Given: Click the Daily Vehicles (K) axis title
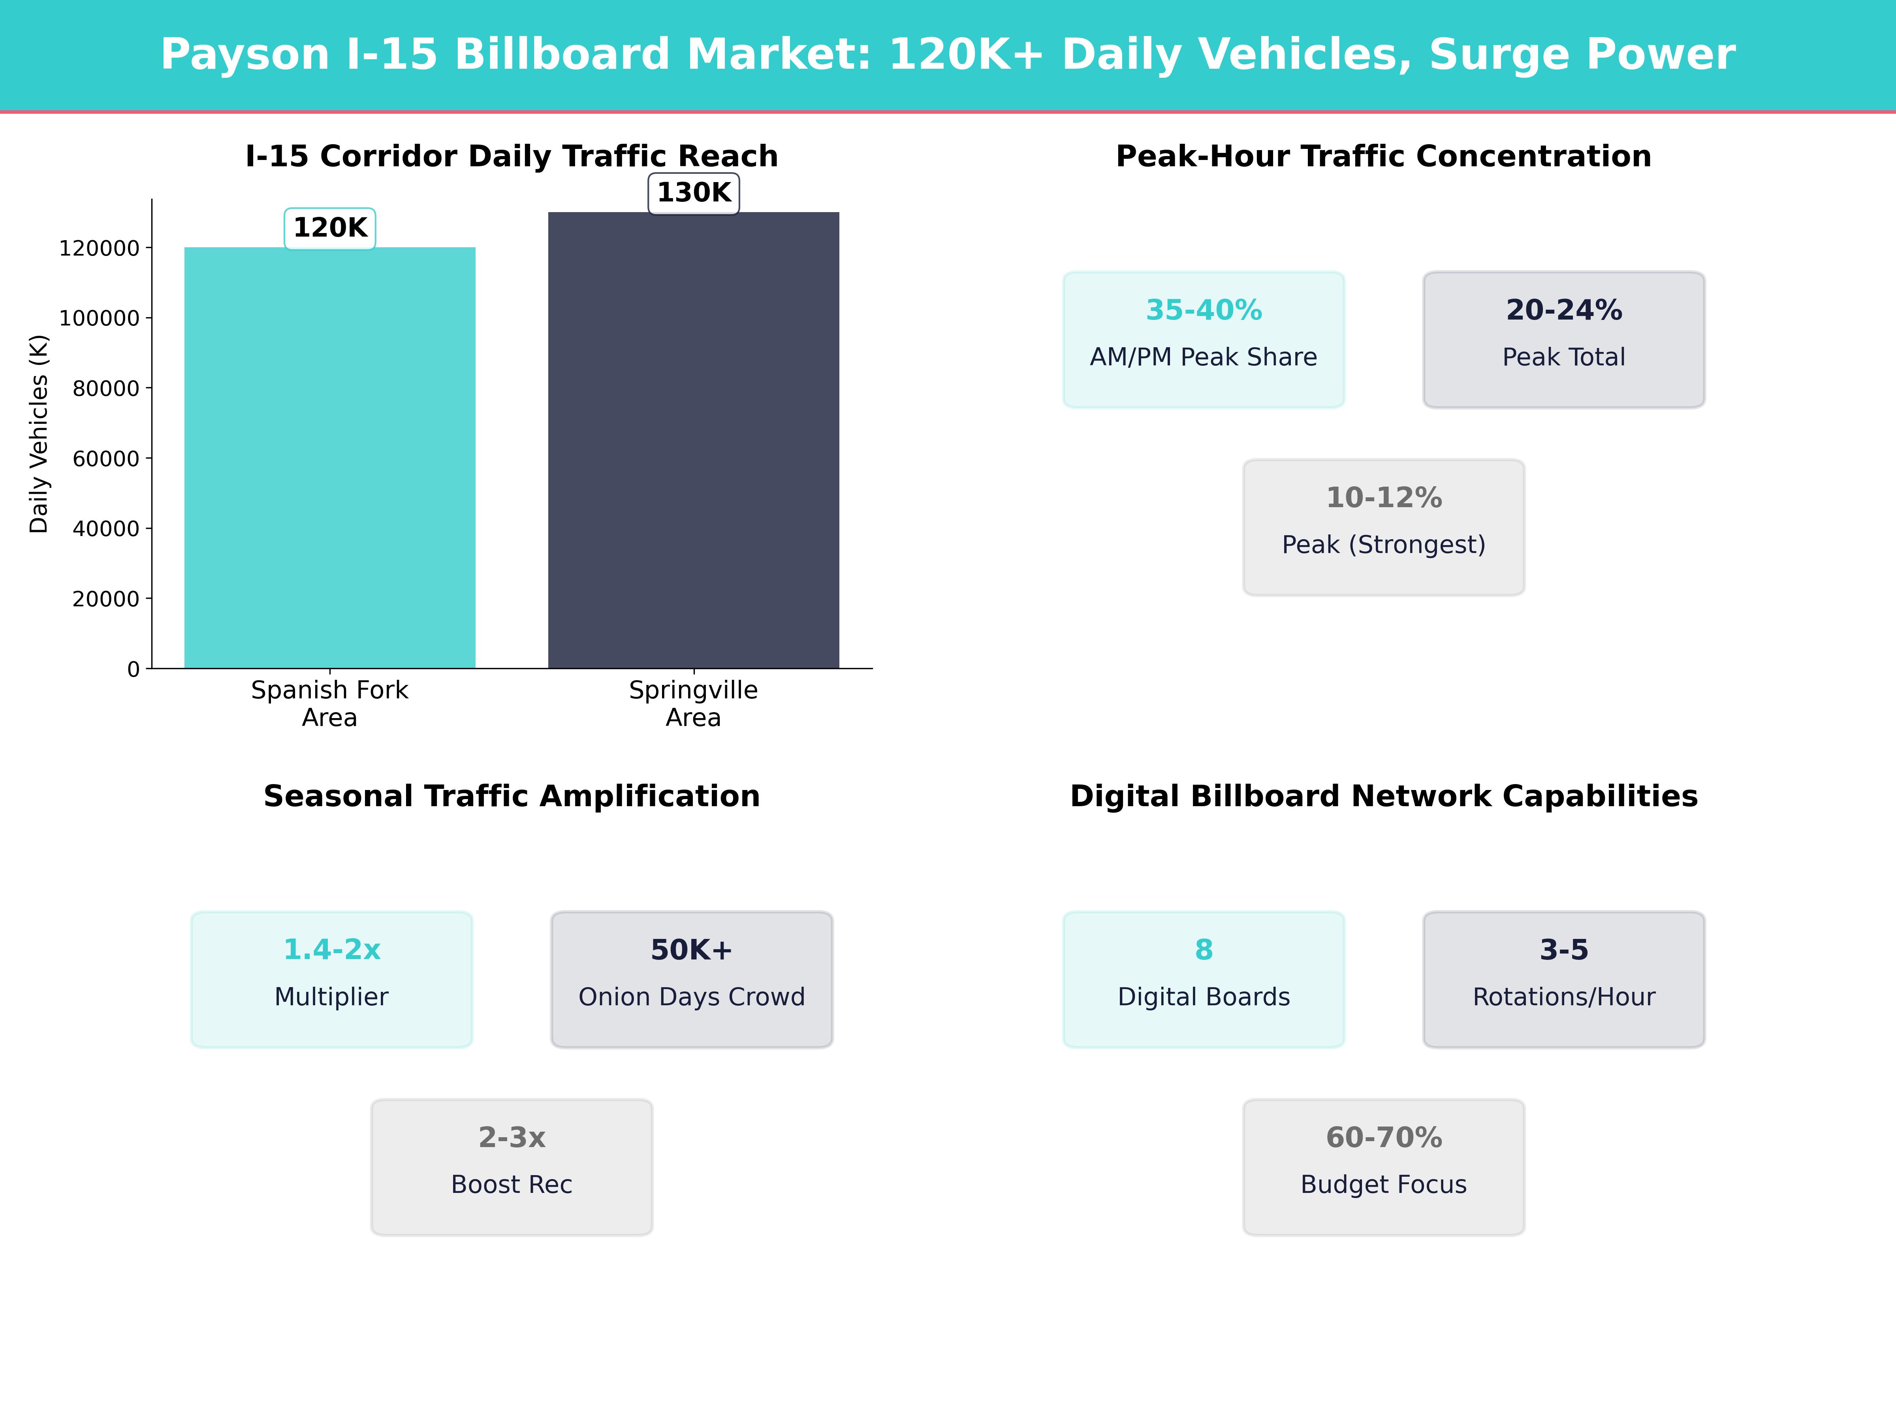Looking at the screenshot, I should tap(39, 434).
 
